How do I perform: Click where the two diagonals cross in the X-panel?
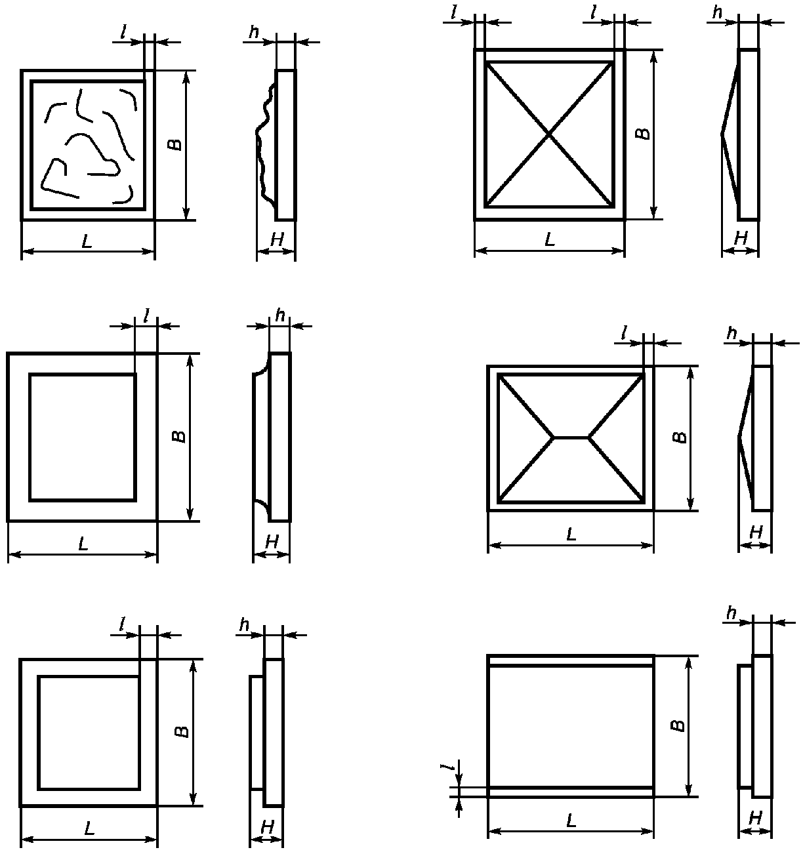[549, 134]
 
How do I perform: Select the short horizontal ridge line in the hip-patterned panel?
[571, 436]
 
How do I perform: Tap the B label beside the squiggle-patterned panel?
[173, 145]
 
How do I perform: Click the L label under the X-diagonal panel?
[550, 240]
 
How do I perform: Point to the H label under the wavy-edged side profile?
[276, 241]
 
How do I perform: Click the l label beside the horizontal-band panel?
[449, 767]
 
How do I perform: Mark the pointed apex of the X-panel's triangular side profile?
[722, 134]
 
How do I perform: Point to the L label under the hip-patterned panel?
[571, 535]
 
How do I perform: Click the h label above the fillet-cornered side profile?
[280, 316]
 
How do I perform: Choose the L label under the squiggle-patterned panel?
[87, 241]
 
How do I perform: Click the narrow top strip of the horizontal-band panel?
[571, 660]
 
